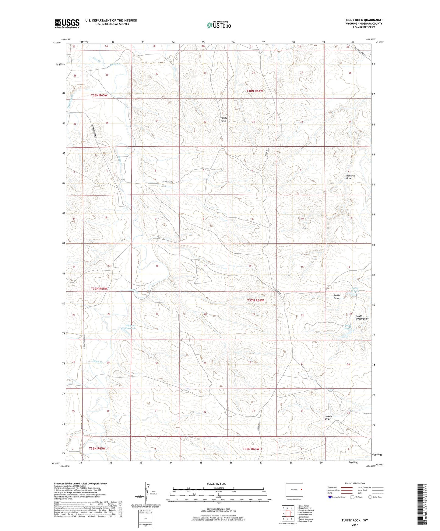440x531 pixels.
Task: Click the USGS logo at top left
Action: pyautogui.click(x=67, y=23)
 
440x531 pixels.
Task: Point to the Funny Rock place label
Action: pyautogui.click(x=224, y=119)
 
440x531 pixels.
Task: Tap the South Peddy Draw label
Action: pyautogui.click(x=362, y=317)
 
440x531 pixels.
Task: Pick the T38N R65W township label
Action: pyautogui.click(x=99, y=95)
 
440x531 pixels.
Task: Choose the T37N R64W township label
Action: pyautogui.click(x=255, y=300)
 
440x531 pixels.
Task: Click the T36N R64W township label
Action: pyautogui.click(x=251, y=449)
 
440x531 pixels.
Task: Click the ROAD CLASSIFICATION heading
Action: pyautogui.click(x=355, y=483)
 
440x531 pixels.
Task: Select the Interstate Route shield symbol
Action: pyautogui.click(x=330, y=497)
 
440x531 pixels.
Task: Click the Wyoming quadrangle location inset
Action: pyautogui.click(x=294, y=490)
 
